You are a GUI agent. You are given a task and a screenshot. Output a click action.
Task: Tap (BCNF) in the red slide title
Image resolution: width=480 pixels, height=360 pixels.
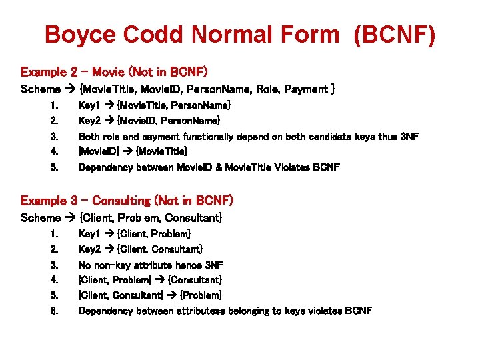(395, 35)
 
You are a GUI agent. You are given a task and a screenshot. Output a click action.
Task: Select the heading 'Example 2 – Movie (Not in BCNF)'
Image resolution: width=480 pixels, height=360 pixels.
(115, 71)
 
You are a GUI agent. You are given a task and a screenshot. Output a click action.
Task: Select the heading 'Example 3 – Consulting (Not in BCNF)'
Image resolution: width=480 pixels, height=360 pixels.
(127, 200)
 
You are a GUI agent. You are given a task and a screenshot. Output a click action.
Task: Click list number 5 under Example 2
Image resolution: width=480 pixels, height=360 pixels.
(54, 167)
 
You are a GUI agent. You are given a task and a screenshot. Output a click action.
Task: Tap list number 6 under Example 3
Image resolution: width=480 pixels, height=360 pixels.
(54, 311)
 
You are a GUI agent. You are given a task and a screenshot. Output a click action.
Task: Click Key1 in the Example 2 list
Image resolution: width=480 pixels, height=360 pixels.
(89, 105)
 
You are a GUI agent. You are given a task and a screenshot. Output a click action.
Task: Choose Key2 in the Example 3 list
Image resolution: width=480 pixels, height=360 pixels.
(89, 249)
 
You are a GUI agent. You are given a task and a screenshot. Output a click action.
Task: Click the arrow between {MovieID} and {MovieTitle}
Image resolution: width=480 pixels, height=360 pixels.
(128, 152)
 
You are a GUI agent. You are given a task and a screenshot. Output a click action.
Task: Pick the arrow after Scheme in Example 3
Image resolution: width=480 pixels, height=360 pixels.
(70, 218)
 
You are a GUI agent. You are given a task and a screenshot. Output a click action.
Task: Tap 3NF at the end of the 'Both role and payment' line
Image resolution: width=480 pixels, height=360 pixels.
(408, 137)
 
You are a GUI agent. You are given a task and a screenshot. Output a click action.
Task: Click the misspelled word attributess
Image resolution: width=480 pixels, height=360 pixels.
(199, 311)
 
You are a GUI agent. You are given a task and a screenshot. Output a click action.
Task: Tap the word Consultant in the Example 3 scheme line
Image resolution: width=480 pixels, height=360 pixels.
(193, 218)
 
